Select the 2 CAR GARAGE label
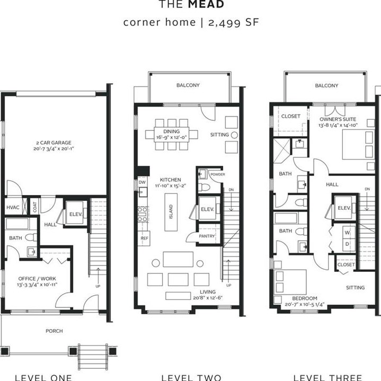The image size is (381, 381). point(53,143)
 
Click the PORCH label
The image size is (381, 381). point(54,331)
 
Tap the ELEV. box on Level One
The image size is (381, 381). point(75,215)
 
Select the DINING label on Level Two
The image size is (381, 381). point(172,131)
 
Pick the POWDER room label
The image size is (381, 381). point(217,174)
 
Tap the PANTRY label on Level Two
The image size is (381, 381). point(207,236)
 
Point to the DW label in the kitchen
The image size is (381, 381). point(142,182)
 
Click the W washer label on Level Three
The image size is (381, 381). point(348,232)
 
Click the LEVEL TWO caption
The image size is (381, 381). point(191,377)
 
